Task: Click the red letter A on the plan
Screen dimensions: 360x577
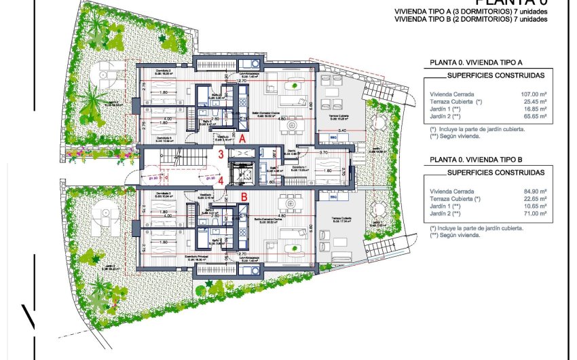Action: click(x=242, y=137)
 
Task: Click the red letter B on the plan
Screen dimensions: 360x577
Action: click(x=243, y=198)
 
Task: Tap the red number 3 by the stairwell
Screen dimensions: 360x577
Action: click(x=221, y=155)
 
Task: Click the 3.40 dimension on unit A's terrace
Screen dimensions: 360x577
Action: click(x=342, y=129)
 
